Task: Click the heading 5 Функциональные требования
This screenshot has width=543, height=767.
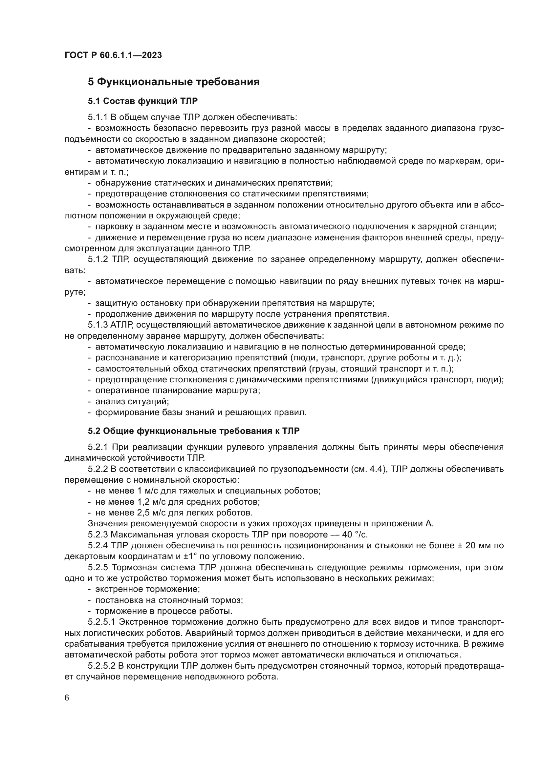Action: [174, 82]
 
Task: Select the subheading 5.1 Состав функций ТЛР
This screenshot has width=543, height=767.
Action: [143, 101]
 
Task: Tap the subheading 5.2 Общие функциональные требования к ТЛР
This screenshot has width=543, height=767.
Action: [194, 431]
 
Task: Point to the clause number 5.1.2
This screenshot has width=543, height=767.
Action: [98, 260]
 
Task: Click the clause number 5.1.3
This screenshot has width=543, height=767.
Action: [98, 325]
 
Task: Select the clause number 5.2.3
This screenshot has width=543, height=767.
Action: [98, 535]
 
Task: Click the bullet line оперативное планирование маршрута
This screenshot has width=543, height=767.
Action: [178, 391]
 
